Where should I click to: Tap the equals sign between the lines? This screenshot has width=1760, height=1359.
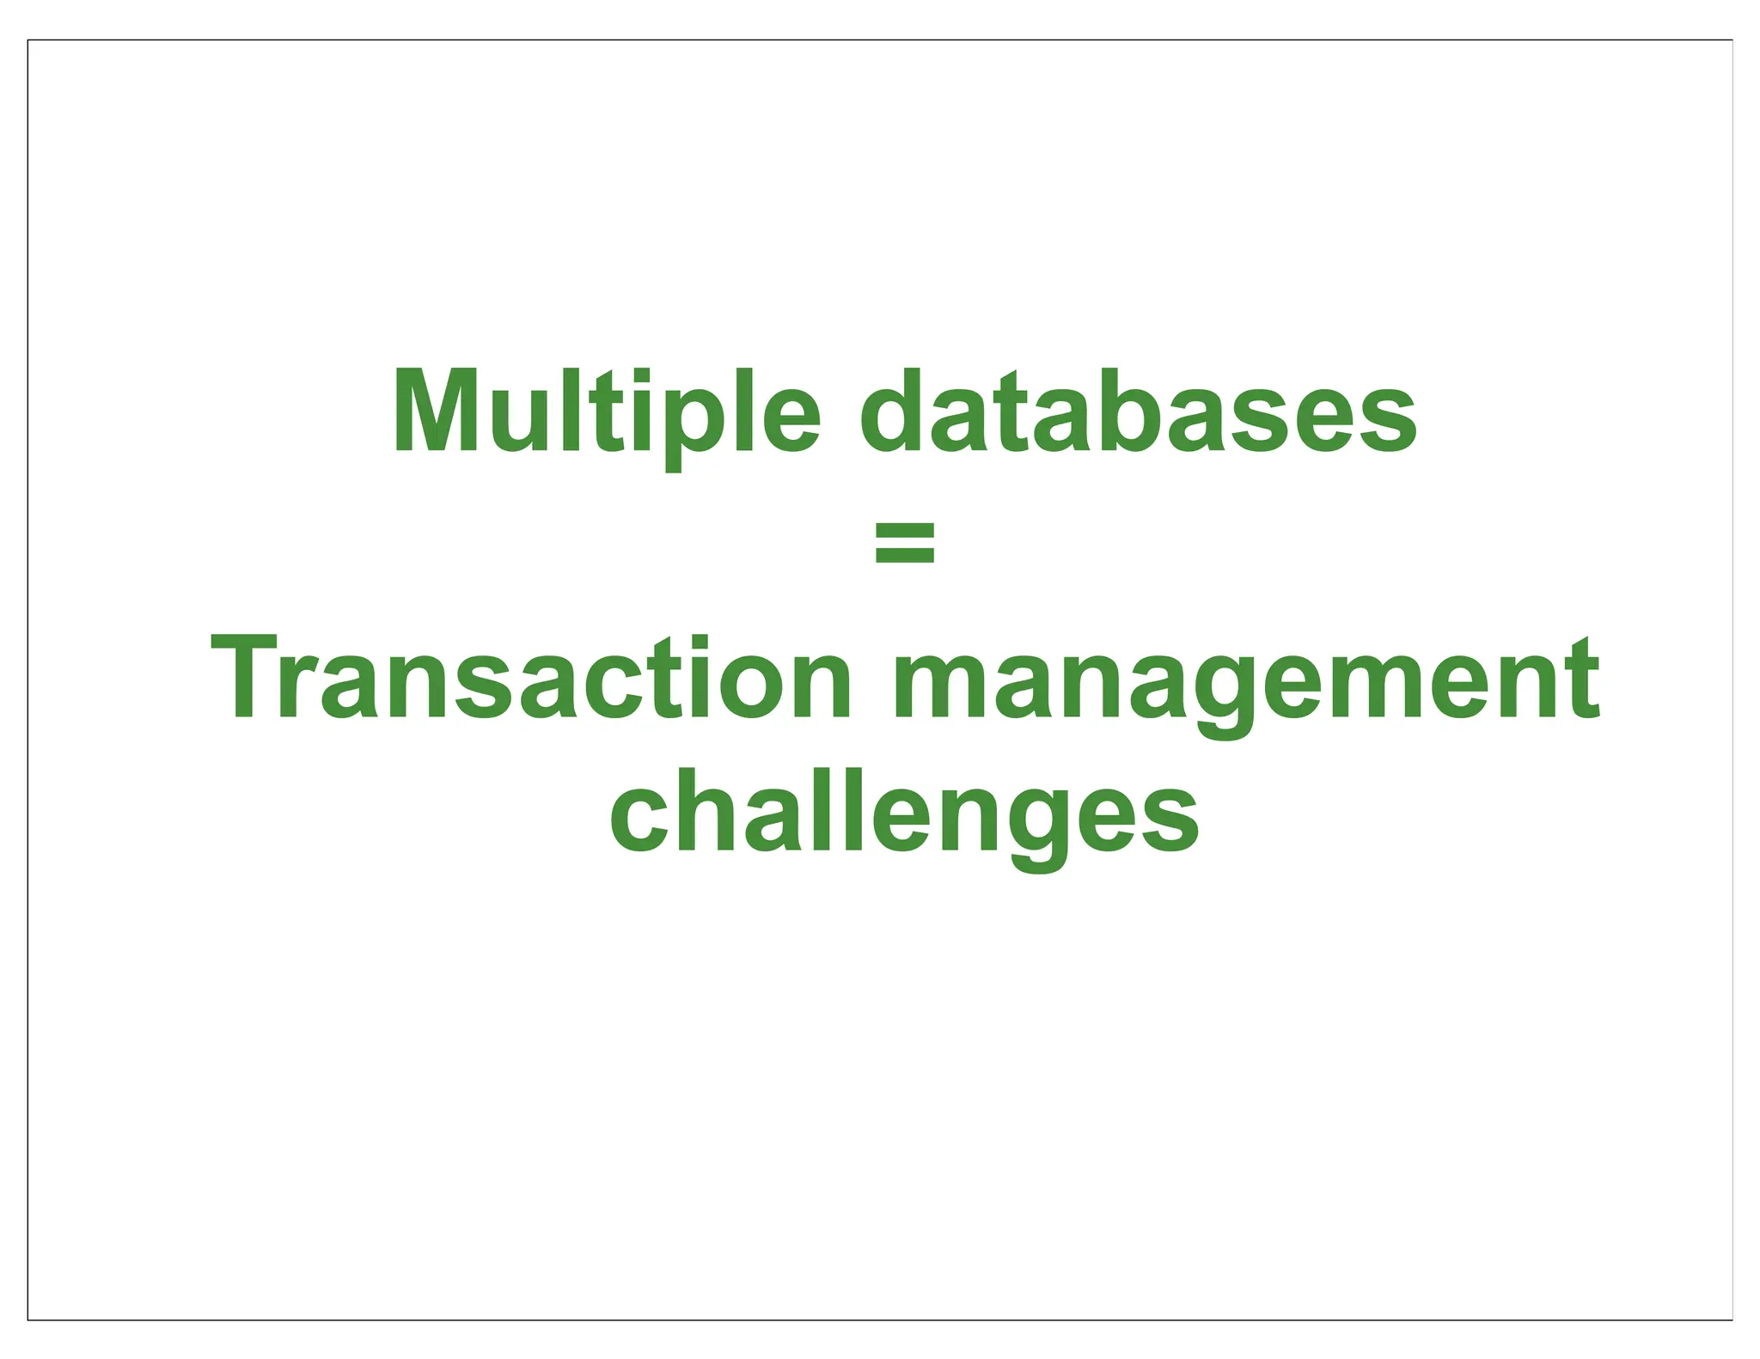(x=904, y=541)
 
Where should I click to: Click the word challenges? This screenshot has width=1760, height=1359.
(x=904, y=812)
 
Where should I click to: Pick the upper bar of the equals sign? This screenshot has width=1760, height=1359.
(x=904, y=529)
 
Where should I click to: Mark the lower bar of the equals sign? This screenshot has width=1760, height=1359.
(x=904, y=556)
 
